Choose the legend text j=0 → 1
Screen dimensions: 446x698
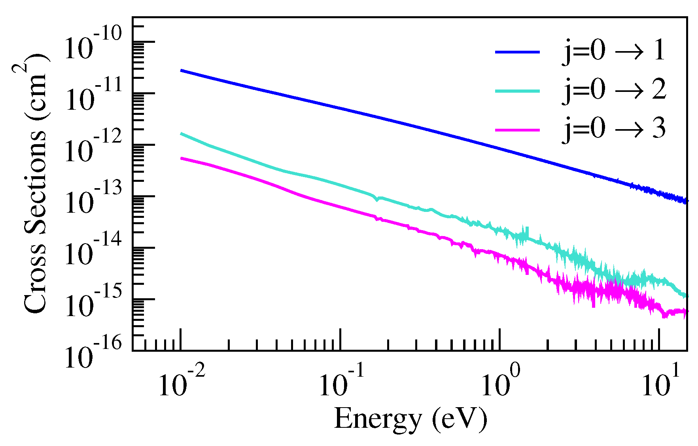point(613,51)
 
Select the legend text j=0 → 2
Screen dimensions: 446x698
point(613,90)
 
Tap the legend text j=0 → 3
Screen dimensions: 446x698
point(613,129)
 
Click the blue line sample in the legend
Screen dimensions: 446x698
point(517,52)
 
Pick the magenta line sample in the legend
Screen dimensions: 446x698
point(517,130)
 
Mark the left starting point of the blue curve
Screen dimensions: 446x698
point(181,71)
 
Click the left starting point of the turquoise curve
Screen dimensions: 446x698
point(181,134)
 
